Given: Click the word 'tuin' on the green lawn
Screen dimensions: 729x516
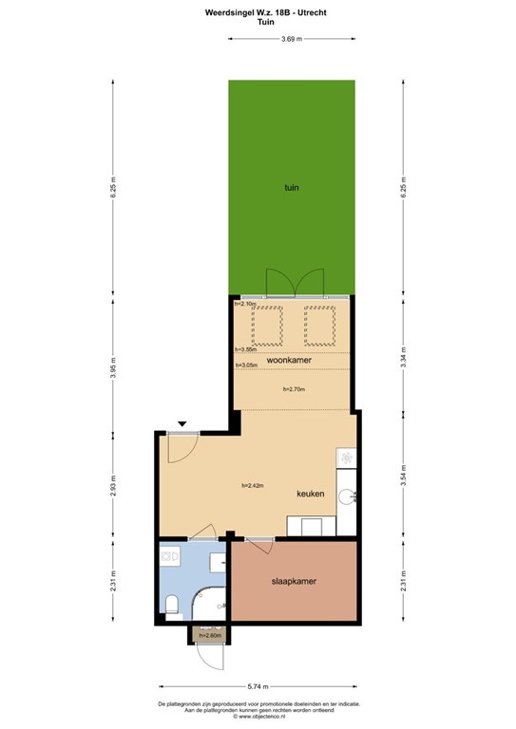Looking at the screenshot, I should click(x=292, y=188).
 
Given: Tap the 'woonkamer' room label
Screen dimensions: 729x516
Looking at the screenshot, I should click(x=289, y=361).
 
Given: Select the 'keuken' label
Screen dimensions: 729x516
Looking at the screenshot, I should click(x=311, y=495).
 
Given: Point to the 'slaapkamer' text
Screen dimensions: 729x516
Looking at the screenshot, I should click(x=294, y=581).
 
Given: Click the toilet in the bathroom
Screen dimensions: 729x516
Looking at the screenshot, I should click(x=172, y=604).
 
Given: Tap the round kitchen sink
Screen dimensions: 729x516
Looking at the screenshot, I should click(x=351, y=495).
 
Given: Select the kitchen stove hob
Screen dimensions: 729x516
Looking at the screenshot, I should click(x=347, y=459).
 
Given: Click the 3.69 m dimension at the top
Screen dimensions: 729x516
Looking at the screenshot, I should click(x=292, y=39).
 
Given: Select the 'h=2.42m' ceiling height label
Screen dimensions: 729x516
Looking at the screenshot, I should click(x=252, y=485).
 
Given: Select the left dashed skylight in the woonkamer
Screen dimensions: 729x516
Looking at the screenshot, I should click(x=268, y=325).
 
